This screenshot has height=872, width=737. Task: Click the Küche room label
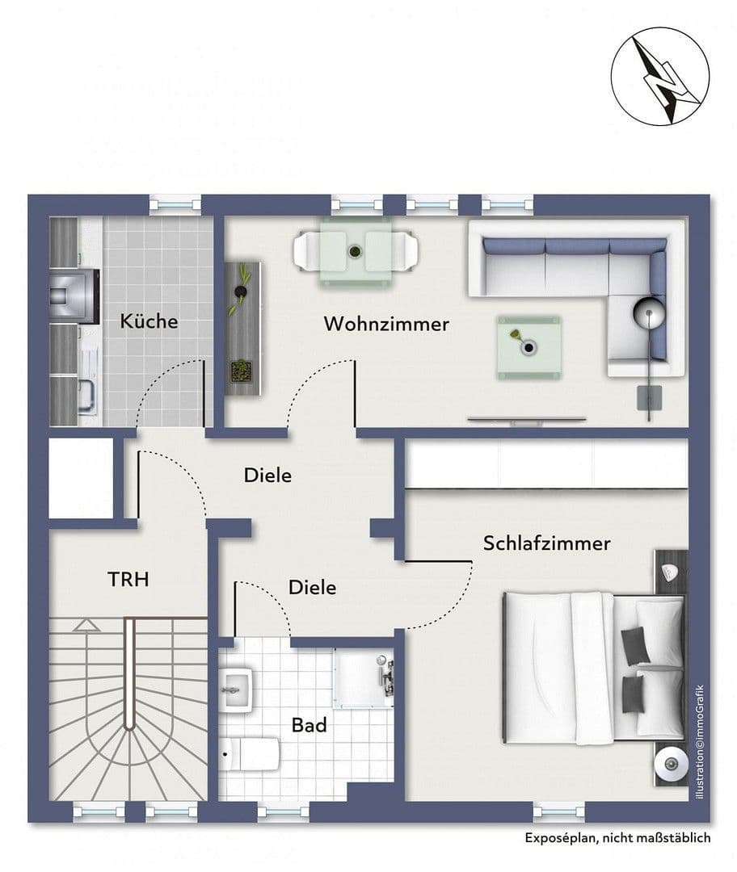149,321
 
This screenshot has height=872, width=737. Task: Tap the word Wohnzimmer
386,324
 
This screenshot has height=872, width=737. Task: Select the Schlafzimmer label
546,543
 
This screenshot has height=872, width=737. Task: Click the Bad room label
310,725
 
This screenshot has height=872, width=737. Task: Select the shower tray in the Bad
364,674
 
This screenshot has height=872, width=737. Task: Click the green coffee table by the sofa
529,346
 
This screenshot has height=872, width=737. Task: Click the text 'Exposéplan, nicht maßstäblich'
618,838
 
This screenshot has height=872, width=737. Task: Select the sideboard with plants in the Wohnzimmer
243,327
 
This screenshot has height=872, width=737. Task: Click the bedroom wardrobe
545,464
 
